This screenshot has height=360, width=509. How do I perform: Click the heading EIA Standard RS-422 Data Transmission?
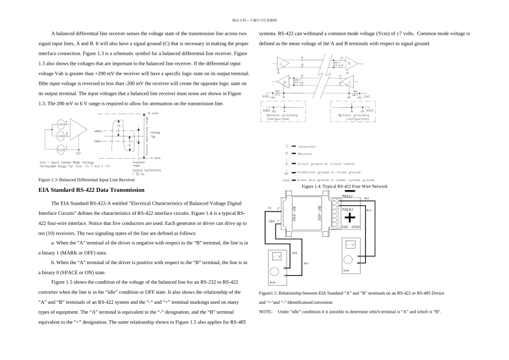tap(92, 190)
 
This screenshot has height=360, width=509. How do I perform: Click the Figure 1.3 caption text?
tap(87, 180)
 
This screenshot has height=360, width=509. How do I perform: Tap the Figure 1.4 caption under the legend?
tap(345, 186)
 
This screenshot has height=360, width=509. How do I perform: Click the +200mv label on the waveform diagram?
tap(98, 131)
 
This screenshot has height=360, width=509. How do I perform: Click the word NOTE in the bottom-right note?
tap(265, 311)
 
